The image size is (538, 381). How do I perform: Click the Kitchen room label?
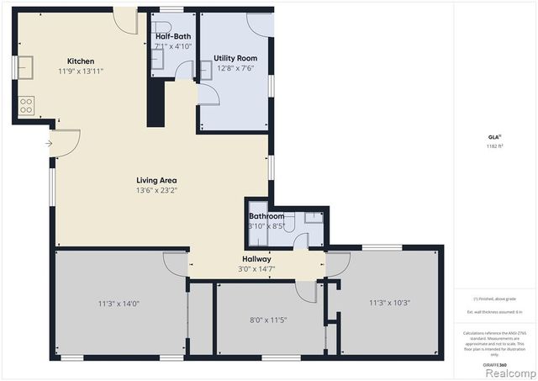tap(81, 61)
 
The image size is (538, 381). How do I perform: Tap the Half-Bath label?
tap(174, 36)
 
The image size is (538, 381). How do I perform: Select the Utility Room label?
tap(235, 58)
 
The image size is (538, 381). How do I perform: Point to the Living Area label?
tap(156, 180)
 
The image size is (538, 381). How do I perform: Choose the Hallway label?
tap(256, 259)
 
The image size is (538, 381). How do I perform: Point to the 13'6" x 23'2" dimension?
tap(156, 190)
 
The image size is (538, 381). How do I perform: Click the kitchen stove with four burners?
tap(26, 105)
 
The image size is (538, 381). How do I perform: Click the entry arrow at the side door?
tap(49, 143)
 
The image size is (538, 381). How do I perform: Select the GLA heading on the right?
tap(493, 136)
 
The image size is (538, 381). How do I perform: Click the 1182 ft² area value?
tap(493, 146)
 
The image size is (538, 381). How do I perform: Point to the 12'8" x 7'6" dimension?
tap(235, 68)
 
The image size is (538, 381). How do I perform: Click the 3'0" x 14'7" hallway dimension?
tap(256, 269)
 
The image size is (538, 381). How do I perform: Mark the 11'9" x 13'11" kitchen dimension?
tap(81, 71)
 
